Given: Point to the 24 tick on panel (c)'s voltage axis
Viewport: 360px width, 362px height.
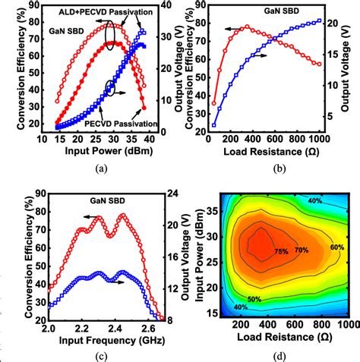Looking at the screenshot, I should point(174,194).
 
